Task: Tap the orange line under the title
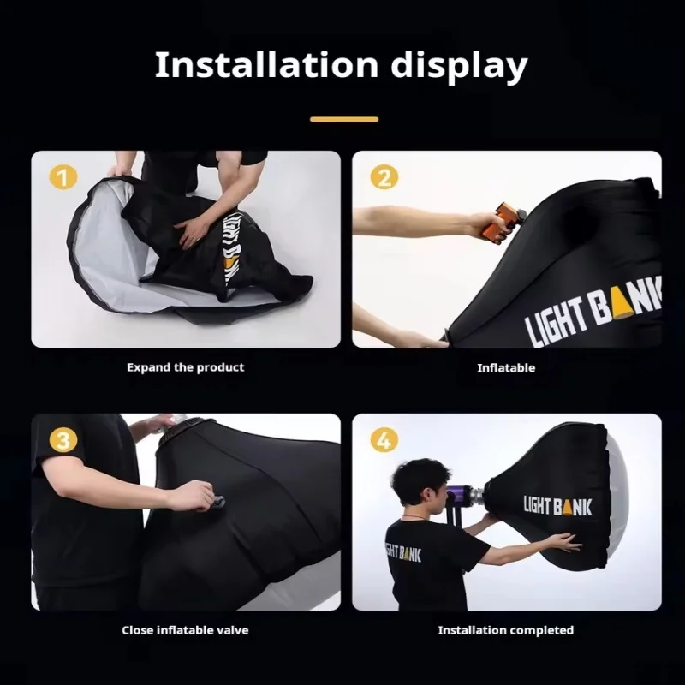point(343,119)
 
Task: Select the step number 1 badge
point(62,177)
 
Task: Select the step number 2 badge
point(383,177)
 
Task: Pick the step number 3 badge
point(62,441)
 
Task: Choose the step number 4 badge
point(383,441)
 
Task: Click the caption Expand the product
point(185,367)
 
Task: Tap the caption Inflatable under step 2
point(505,367)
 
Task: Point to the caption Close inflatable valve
point(185,630)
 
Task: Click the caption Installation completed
point(505,630)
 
